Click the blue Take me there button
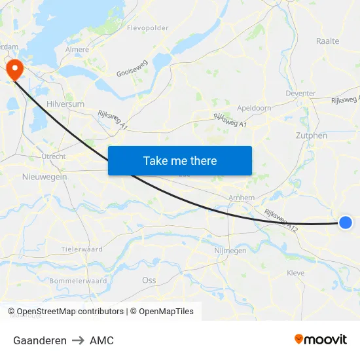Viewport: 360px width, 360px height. [x=179, y=160]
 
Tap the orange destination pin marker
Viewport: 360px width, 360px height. [x=14, y=69]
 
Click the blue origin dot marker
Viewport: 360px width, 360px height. [x=346, y=223]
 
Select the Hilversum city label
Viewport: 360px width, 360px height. [x=65, y=104]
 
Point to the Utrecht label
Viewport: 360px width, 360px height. [x=53, y=156]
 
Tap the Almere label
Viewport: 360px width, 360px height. [x=77, y=49]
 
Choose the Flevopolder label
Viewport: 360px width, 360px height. [x=147, y=28]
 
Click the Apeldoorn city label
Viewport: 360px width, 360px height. [x=254, y=107]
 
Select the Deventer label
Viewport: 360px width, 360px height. [x=300, y=94]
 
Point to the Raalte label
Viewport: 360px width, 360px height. [x=327, y=41]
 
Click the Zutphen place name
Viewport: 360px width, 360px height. [x=311, y=135]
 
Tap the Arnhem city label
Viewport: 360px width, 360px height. [x=241, y=198]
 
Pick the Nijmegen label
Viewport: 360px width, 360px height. [x=230, y=251]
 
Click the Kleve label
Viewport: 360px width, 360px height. [x=295, y=272]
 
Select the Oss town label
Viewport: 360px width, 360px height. [x=149, y=279]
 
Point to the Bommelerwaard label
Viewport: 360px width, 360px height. [x=78, y=281]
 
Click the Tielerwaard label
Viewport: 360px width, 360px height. [x=82, y=249]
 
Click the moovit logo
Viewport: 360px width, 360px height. [x=320, y=340]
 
